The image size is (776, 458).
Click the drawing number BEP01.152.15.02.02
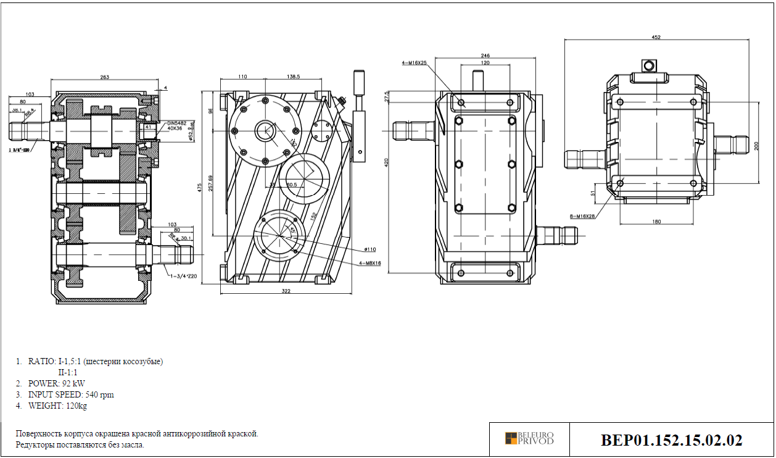(672, 440)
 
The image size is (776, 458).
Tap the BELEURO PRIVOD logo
(529, 438)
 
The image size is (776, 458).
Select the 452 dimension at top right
(656, 38)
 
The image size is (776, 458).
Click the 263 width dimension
(104, 77)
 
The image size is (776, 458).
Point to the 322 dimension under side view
(285, 290)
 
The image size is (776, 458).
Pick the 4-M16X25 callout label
(415, 62)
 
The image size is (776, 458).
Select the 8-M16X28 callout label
(582, 216)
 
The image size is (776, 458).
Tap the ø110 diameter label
(369, 249)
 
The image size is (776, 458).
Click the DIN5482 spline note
(176, 123)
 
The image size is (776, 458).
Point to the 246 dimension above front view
(485, 56)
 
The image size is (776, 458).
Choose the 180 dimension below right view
(656, 220)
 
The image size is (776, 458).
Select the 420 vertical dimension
(386, 164)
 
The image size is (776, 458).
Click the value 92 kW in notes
(73, 383)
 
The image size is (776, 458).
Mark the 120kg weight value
(77, 406)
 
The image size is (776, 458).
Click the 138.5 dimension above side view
(293, 77)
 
